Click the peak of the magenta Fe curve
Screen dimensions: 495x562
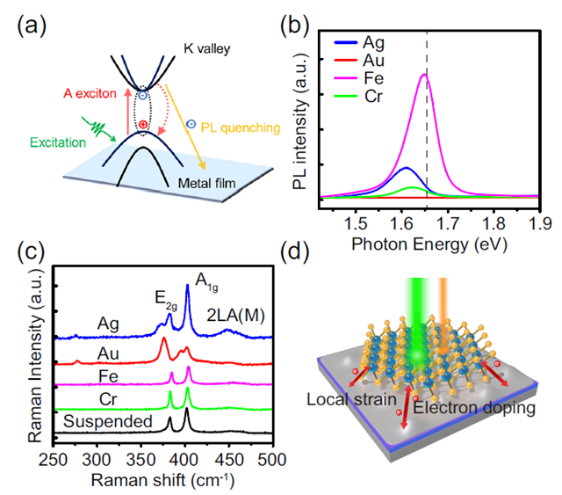click(x=424, y=76)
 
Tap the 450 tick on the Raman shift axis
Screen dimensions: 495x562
click(x=228, y=457)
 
